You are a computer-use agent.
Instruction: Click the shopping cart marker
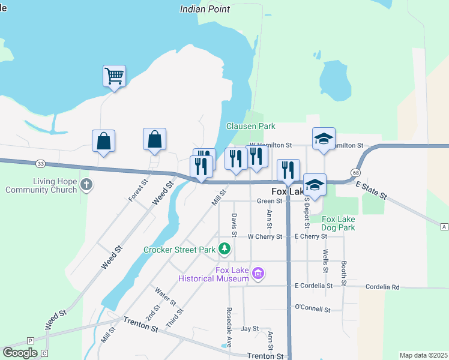[114, 76]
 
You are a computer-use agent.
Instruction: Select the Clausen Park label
[250, 126]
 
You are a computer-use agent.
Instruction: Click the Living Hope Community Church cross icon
[86, 184]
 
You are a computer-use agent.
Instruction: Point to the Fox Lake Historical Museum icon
[258, 274]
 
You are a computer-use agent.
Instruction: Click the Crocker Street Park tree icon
[224, 248]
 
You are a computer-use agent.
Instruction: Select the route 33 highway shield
[40, 164]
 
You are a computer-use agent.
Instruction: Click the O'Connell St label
[313, 308]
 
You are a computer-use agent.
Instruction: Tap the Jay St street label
[249, 329]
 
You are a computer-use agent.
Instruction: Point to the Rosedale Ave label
[229, 328]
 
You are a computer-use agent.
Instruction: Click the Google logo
[20, 353]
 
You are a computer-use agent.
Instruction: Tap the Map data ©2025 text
[423, 355]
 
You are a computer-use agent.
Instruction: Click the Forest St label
[138, 190]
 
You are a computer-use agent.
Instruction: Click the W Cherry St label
[265, 237]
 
